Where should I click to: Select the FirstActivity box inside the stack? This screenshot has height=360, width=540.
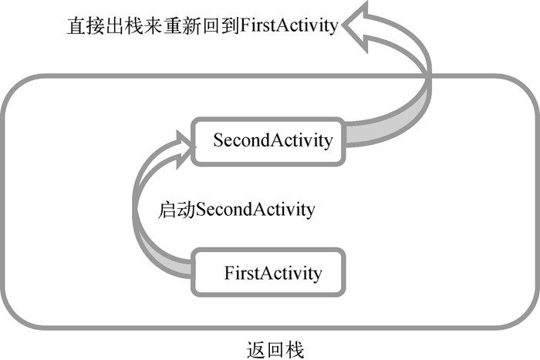[267, 272]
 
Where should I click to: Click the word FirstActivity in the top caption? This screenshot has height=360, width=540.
[289, 25]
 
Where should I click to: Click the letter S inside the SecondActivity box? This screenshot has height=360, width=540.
[218, 140]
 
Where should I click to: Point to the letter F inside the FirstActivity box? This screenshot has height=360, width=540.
[228, 272]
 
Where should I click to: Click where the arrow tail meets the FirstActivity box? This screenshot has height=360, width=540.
[193, 270]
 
